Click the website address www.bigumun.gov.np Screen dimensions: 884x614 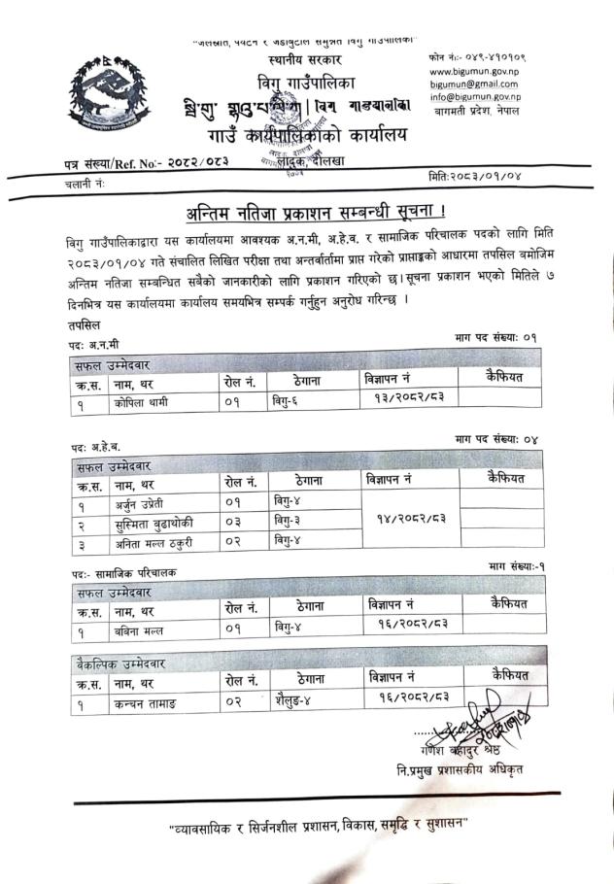pos(472,71)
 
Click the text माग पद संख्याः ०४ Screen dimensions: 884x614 pos(495,440)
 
